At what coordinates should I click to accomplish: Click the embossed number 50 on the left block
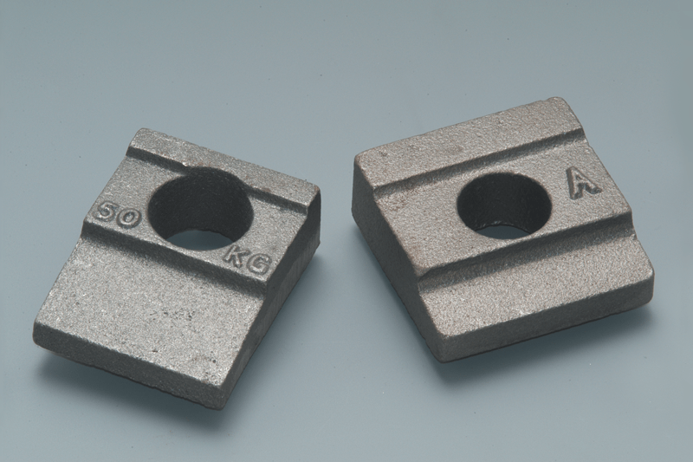(119, 215)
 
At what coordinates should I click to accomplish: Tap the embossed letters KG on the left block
(248, 261)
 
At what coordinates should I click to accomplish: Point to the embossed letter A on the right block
(583, 184)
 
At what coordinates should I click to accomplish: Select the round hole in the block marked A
(504, 205)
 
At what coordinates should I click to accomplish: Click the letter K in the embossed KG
(235, 257)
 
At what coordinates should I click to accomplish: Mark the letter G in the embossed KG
(259, 266)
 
